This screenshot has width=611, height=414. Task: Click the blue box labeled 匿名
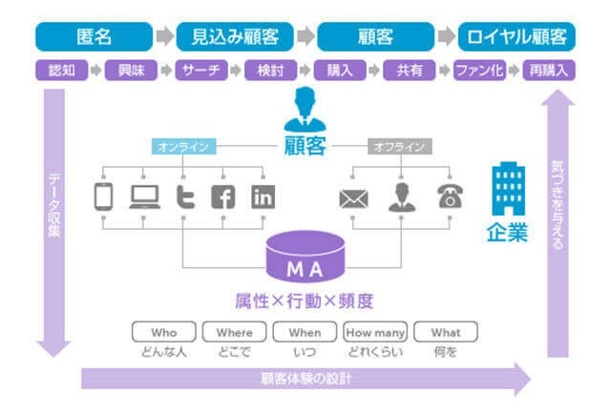pos(94,36)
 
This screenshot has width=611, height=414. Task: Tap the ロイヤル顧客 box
pos(517,36)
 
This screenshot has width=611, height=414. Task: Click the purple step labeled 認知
pos(56,71)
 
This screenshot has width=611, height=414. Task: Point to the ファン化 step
pos(479,71)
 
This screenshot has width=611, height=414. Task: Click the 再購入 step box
pos(550,71)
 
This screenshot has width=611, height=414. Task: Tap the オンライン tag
pos(183,147)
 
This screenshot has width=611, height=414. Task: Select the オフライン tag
pos(400,147)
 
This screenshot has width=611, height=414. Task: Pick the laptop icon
pos(144,197)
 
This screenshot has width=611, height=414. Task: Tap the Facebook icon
pos(222,197)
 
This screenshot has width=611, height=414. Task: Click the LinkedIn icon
pos(263,197)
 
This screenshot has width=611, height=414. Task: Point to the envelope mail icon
pos(352,197)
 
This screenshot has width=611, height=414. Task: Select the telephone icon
pos(449,197)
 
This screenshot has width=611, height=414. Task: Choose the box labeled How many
pos(375,333)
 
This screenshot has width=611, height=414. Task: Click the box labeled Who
pos(163,333)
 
